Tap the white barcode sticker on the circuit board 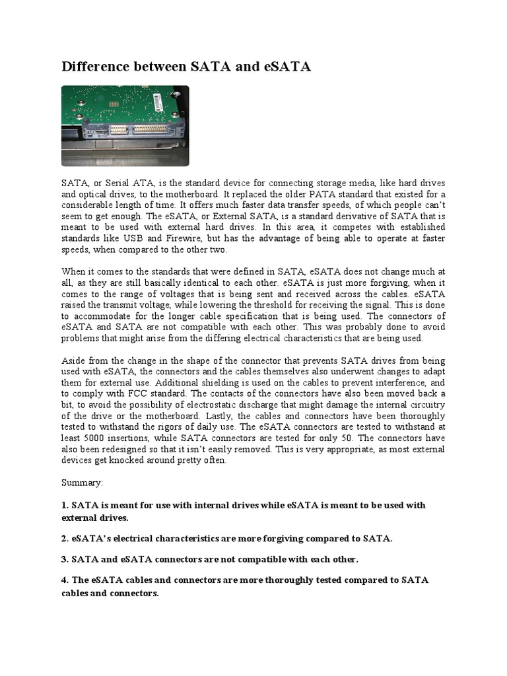pos(159,102)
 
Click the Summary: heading pos(83,483)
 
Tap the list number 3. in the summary pos(65,559)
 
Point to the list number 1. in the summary pos(65,506)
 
